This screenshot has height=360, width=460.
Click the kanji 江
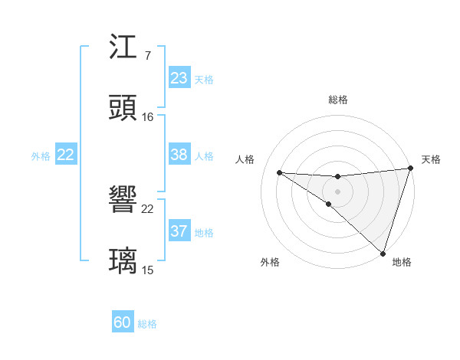click(123, 50)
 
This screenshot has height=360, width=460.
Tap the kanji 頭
click(123, 107)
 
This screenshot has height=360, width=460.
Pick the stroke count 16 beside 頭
click(148, 116)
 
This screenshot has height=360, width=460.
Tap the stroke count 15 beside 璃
click(148, 270)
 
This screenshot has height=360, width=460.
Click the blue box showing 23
click(179, 78)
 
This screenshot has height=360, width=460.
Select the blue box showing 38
click(179, 155)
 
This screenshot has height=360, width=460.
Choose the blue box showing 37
click(179, 231)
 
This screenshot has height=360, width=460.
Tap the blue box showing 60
click(123, 322)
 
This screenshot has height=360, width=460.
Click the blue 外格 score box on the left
click(66, 155)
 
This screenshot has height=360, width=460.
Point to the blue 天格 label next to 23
click(204, 79)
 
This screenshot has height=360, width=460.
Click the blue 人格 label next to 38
click(204, 155)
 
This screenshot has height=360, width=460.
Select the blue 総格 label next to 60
click(147, 324)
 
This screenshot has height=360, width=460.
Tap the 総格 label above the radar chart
click(337, 100)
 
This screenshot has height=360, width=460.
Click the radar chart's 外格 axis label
click(270, 263)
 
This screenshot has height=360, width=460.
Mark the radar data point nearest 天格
click(410, 169)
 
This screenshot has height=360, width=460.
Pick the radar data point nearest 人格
click(280, 172)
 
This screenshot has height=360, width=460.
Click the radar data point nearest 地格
click(383, 253)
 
